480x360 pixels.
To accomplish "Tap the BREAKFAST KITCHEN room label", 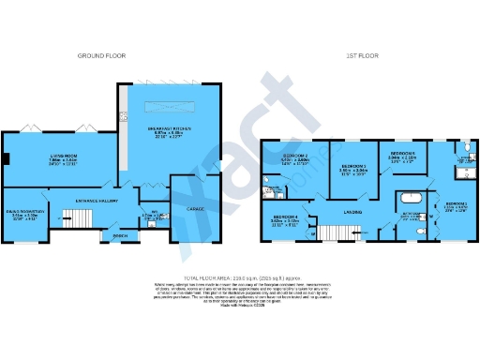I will [170, 129].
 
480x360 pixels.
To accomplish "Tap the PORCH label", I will [118, 235].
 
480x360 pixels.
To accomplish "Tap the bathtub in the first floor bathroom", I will [411, 200].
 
